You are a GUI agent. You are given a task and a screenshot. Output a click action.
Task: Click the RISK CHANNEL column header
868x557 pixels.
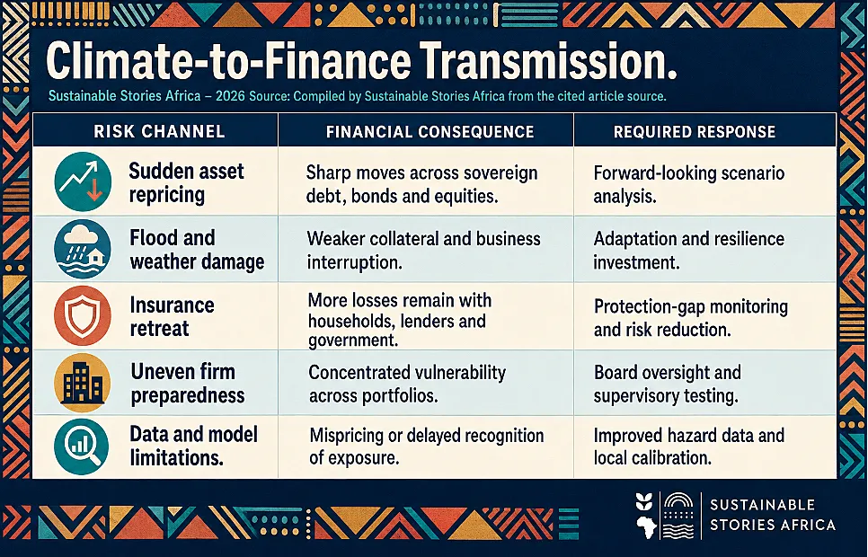click(159, 131)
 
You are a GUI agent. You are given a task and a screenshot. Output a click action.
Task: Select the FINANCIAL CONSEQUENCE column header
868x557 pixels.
click(430, 132)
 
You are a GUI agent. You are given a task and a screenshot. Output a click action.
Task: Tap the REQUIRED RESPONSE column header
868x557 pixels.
click(695, 132)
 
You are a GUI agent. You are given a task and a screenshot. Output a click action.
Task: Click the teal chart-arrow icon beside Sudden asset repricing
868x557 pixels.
click(83, 181)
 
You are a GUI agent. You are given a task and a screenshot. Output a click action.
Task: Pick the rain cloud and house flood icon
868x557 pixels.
click(83, 249)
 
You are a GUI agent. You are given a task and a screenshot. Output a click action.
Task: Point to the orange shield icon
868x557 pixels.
click(83, 315)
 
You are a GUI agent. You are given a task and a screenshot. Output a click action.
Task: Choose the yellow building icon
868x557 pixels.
click(83, 383)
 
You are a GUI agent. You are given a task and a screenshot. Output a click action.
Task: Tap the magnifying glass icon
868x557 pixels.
click(82, 446)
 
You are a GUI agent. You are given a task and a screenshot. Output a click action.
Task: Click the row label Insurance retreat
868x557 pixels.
click(172, 317)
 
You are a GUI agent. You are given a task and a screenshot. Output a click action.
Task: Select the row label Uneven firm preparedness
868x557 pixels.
click(188, 383)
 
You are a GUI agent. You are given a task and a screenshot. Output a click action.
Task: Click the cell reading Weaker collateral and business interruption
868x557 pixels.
click(423, 251)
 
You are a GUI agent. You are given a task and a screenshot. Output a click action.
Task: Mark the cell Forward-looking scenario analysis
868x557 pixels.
click(688, 184)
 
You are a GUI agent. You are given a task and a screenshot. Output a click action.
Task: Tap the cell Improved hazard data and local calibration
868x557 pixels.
click(688, 446)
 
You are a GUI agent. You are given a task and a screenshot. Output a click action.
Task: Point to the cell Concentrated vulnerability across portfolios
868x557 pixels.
click(407, 384)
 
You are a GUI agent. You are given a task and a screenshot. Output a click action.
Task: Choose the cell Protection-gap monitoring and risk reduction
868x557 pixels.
click(690, 318)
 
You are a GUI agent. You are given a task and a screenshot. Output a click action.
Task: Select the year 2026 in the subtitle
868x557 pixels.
click(230, 96)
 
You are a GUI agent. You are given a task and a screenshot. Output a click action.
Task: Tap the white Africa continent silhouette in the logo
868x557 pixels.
click(646, 526)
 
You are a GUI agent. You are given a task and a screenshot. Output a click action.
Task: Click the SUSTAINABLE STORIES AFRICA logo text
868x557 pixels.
click(772, 515)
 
